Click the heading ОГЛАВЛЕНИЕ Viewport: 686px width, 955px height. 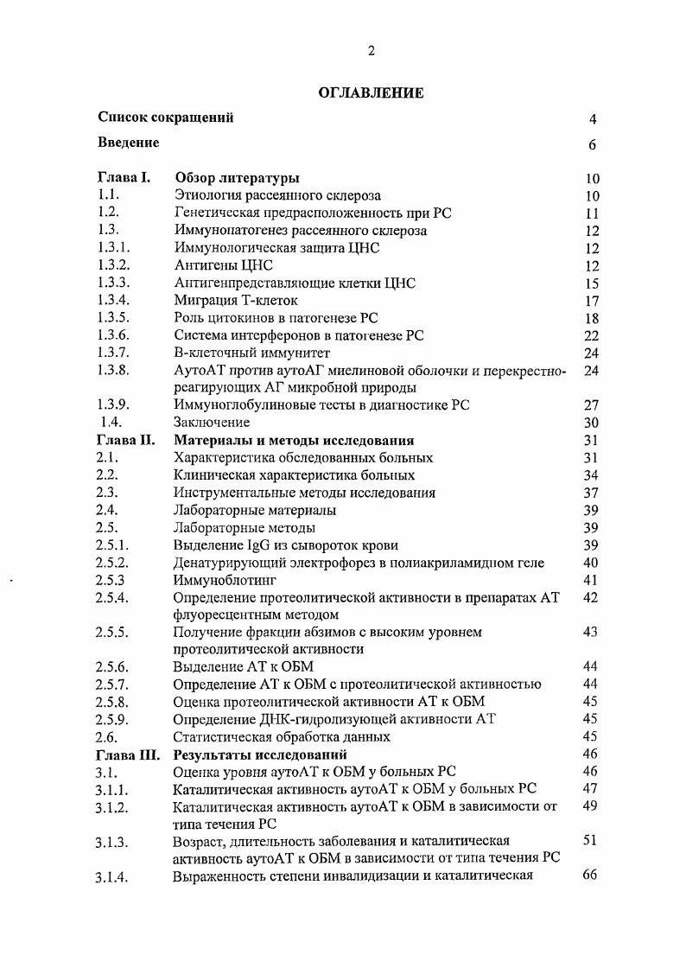pyautogui.click(x=371, y=93)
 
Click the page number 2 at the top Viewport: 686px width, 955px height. pyautogui.click(x=371, y=51)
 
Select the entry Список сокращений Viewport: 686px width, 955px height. pyautogui.click(x=166, y=118)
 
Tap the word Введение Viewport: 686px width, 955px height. pyautogui.click(x=129, y=143)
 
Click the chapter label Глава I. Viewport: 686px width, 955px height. pyautogui.click(x=124, y=178)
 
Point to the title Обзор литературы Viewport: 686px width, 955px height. pyautogui.click(x=237, y=178)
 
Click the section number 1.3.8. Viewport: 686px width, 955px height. pyautogui.click(x=113, y=370)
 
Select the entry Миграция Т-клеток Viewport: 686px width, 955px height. pyautogui.click(x=236, y=300)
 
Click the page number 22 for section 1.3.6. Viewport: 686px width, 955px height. pyautogui.click(x=591, y=335)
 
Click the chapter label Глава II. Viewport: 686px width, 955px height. pyautogui.click(x=126, y=440)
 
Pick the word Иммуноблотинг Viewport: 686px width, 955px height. pyautogui.click(x=219, y=580)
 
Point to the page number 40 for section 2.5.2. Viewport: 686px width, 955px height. pyautogui.click(x=591, y=563)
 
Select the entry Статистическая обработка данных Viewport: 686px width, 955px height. pyautogui.click(x=282, y=736)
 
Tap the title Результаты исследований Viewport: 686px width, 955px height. pyautogui.click(x=261, y=754)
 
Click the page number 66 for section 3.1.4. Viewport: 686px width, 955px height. pyautogui.click(x=591, y=875)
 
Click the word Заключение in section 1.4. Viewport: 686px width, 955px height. pyautogui.click(x=212, y=423)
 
